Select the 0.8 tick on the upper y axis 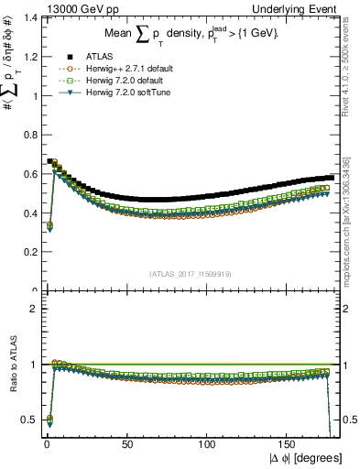(x=27, y=135)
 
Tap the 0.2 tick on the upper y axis (x=27, y=251)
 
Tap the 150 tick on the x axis (x=289, y=443)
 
